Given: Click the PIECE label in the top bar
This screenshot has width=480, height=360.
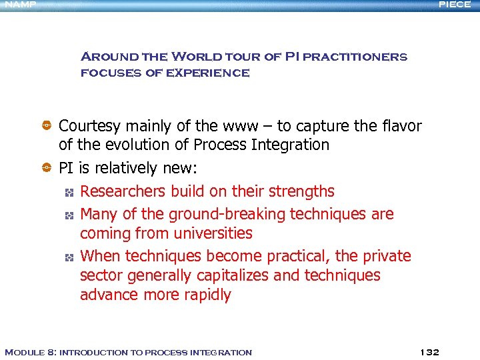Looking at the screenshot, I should pos(455,4).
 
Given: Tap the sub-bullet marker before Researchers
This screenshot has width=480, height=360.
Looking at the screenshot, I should pos(68,192).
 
